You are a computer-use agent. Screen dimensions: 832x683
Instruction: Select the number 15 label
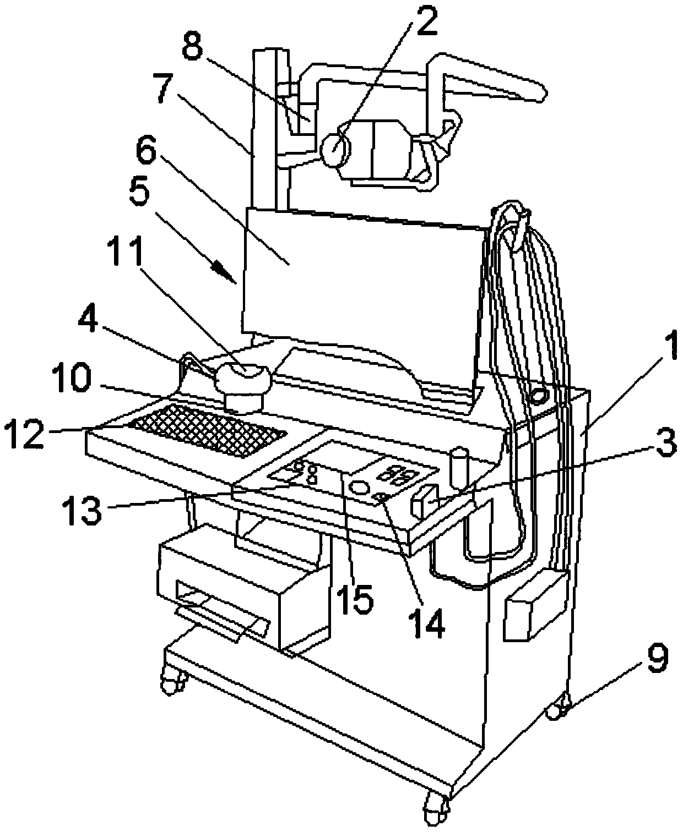[x=354, y=597]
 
